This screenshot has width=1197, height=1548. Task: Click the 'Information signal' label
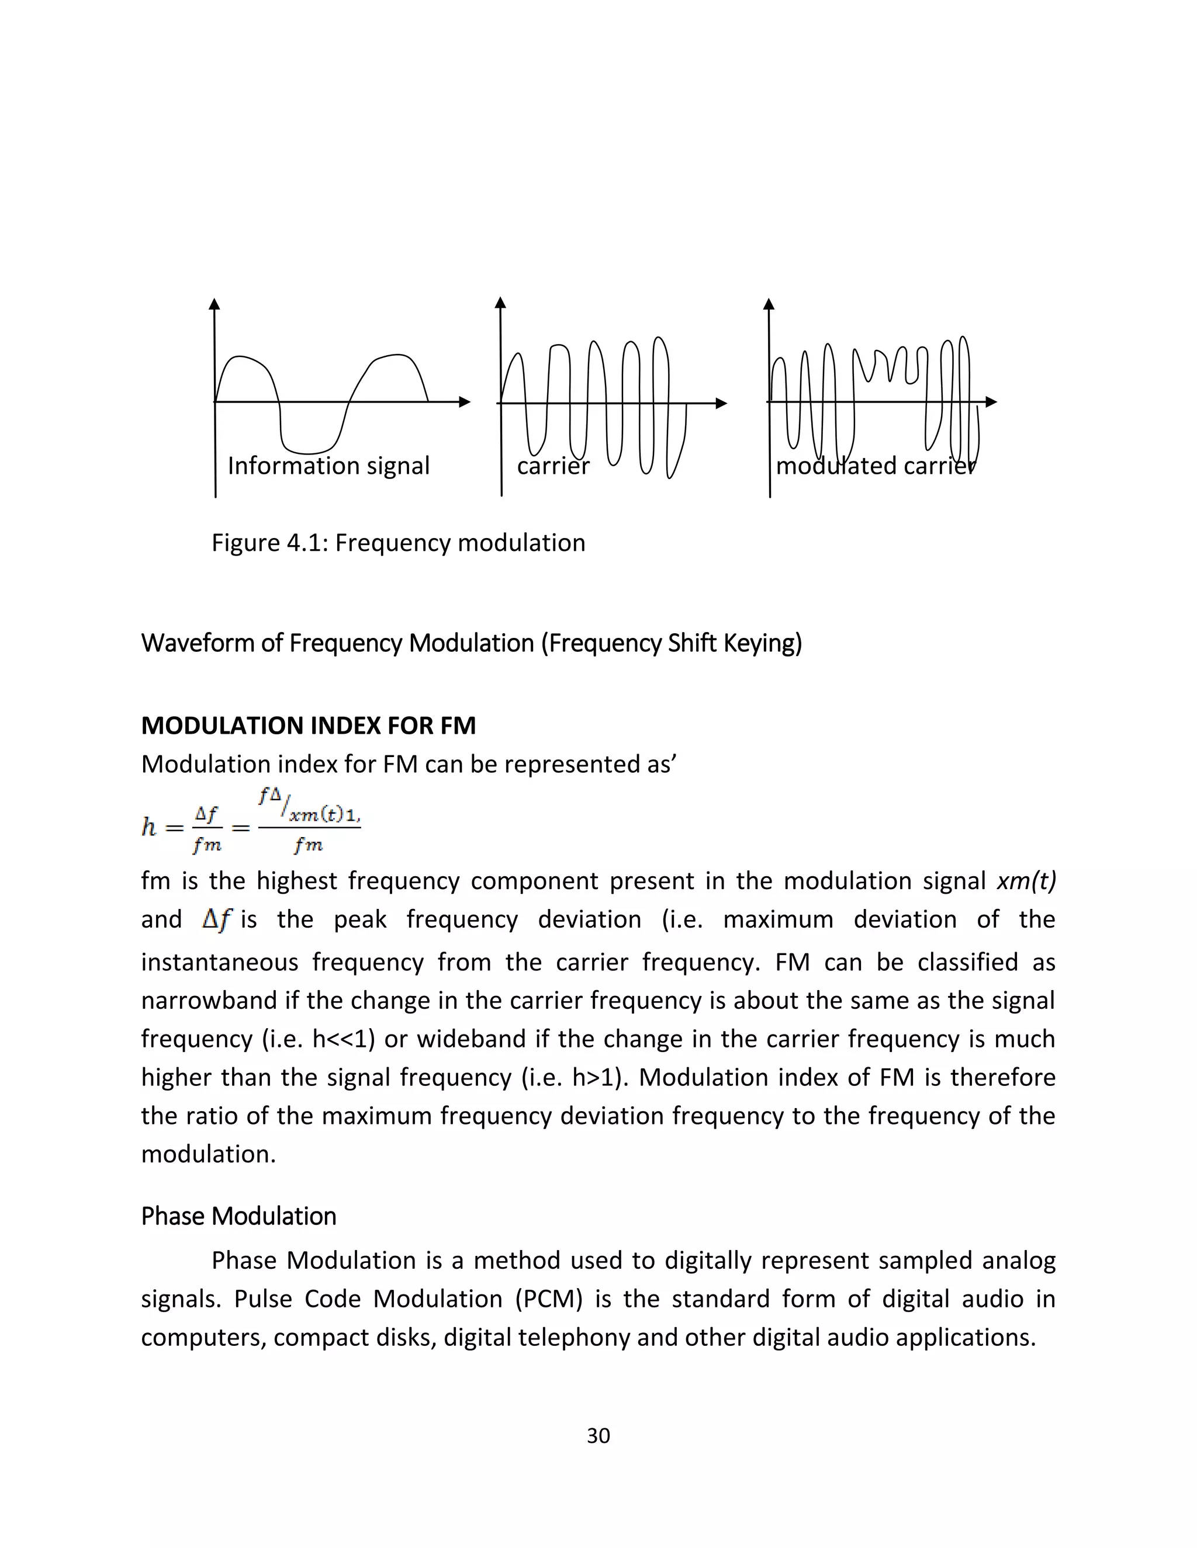pyautogui.click(x=328, y=466)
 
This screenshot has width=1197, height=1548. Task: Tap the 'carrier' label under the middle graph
pyautogui.click(x=552, y=466)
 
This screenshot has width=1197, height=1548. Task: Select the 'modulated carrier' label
pyautogui.click(x=875, y=466)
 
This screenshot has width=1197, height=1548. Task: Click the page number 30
pyautogui.click(x=598, y=1435)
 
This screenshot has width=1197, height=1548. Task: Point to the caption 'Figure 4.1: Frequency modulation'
pyautogui.click(x=398, y=543)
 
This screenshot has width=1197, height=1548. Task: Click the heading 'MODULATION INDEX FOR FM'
pyautogui.click(x=309, y=725)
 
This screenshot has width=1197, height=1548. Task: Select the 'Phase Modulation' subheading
pyautogui.click(x=238, y=1216)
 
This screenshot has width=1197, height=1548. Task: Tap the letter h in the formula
pyautogui.click(x=149, y=827)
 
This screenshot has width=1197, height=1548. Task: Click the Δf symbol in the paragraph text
pyautogui.click(x=216, y=920)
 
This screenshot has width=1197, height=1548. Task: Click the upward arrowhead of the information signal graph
pyautogui.click(x=214, y=303)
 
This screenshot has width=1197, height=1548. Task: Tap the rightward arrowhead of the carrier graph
pyautogui.click(x=722, y=403)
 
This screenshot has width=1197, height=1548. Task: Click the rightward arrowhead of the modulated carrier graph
pyautogui.click(x=991, y=402)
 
